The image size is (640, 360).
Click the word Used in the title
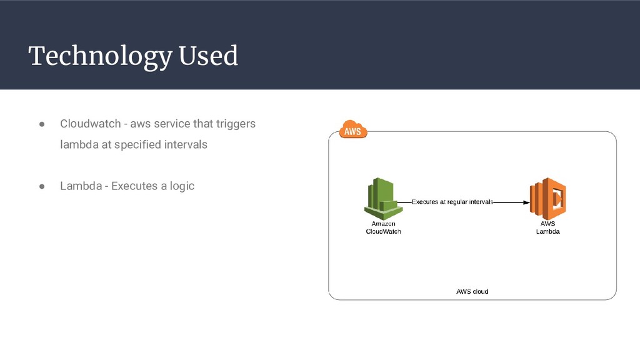tap(208, 56)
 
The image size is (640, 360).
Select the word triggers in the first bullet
tap(236, 124)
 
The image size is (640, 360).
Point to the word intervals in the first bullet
tap(186, 144)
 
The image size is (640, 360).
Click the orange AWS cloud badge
tap(352, 131)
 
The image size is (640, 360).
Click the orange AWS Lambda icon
tap(547, 197)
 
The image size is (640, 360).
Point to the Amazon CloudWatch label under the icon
tap(383, 227)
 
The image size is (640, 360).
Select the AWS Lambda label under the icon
tap(547, 227)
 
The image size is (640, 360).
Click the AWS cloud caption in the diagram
tap(472, 291)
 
